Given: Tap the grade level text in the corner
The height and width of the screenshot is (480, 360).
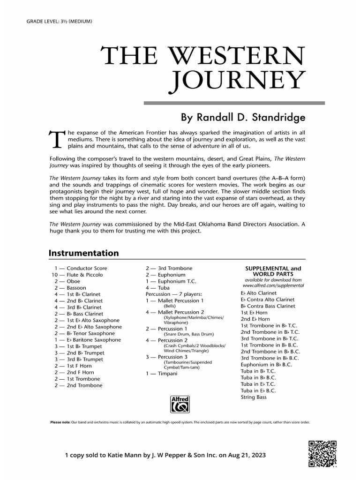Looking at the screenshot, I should click(59, 22).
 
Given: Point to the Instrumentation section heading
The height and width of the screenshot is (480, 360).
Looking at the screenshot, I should click(83, 253).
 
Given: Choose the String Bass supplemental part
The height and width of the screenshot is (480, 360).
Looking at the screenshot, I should click(253, 397).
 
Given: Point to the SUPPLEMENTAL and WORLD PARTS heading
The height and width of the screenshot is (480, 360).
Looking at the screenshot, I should click(273, 271).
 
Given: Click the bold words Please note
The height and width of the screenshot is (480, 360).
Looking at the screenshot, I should click(60, 422).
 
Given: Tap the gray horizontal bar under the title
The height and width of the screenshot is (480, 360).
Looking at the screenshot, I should click(234, 102).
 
